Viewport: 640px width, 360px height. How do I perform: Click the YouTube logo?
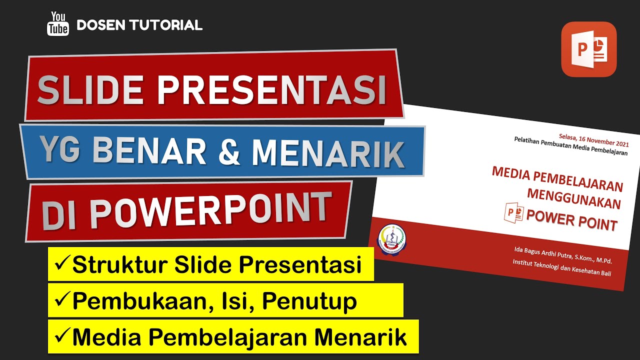(58, 24)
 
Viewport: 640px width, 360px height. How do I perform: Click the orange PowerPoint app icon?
(588, 49)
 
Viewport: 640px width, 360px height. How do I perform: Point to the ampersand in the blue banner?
(229, 150)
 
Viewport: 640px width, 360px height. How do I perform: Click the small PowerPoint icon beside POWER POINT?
(513, 212)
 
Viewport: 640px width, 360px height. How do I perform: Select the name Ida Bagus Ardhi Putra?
(542, 253)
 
